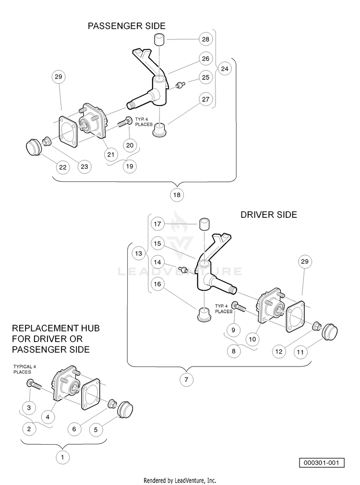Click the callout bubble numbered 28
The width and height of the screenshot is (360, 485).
(x=205, y=39)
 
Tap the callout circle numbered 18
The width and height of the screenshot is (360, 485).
(x=177, y=195)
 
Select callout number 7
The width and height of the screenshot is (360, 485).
(x=186, y=379)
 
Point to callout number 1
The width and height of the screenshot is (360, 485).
(x=62, y=457)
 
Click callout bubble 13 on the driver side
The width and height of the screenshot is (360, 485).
(x=139, y=254)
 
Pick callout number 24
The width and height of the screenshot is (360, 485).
(x=225, y=68)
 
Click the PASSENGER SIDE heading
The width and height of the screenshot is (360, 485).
(x=127, y=26)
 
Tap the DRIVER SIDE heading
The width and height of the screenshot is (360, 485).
(x=269, y=214)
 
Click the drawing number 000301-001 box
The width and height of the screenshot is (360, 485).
(x=322, y=463)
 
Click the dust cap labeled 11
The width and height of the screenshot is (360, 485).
(x=330, y=331)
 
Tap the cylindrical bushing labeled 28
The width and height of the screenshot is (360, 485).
(x=159, y=40)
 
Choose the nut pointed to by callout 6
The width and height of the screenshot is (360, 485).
(x=111, y=403)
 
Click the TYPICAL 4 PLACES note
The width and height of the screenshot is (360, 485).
(x=24, y=369)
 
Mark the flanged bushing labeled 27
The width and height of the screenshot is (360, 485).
(x=160, y=130)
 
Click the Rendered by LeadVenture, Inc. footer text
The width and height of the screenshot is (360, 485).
(x=180, y=480)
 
